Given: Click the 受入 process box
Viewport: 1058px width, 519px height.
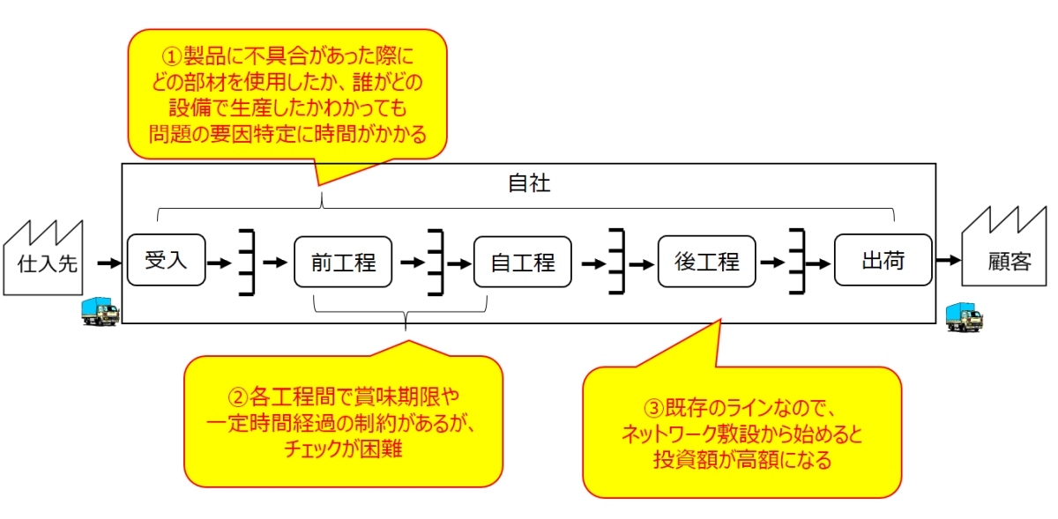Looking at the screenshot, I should pos(166,260).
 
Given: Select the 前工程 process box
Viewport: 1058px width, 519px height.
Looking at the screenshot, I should pos(342,262).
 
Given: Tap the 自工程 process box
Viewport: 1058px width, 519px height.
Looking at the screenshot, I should pos(522,262).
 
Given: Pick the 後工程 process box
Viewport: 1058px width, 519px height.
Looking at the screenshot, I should pos(706,262).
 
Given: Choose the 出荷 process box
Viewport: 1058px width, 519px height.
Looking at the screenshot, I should pos(883,260).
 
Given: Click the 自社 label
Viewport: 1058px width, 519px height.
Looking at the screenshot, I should pos(529,183).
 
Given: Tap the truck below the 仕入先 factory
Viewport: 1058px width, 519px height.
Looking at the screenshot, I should pos(99,312).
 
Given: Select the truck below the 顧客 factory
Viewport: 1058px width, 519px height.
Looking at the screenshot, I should pos(965,317).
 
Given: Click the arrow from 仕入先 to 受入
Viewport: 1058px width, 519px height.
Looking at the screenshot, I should pos(108,263).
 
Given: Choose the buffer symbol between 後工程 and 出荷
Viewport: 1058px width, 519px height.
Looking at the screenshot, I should pos(797,262).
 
